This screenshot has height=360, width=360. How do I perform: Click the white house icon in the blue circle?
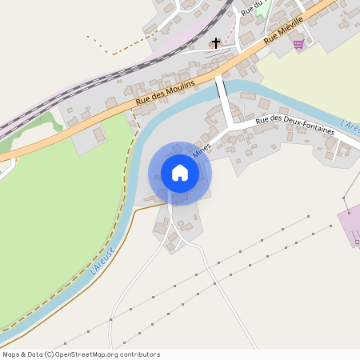180,173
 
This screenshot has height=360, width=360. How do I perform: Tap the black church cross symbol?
215,42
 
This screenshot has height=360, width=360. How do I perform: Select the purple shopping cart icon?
298,44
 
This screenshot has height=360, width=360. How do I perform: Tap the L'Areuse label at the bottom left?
103,262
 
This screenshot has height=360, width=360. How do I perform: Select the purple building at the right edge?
350,224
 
